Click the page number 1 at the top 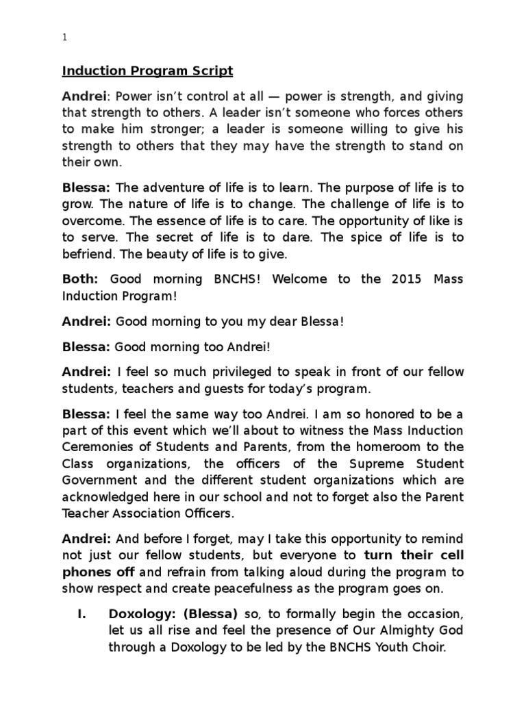pos(64,39)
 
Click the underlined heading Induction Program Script pos(148,71)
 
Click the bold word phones pos(85,555)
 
